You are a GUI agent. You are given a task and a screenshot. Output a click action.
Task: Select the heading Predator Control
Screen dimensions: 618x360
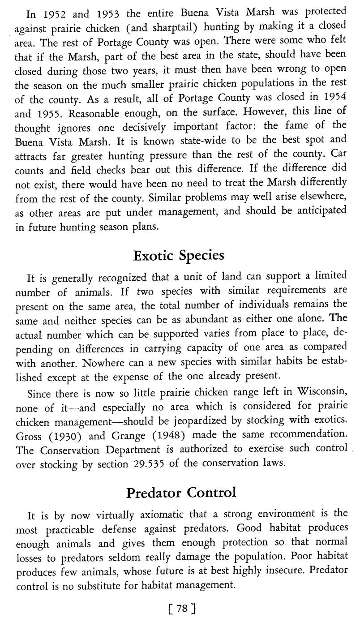click(x=180, y=493)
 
